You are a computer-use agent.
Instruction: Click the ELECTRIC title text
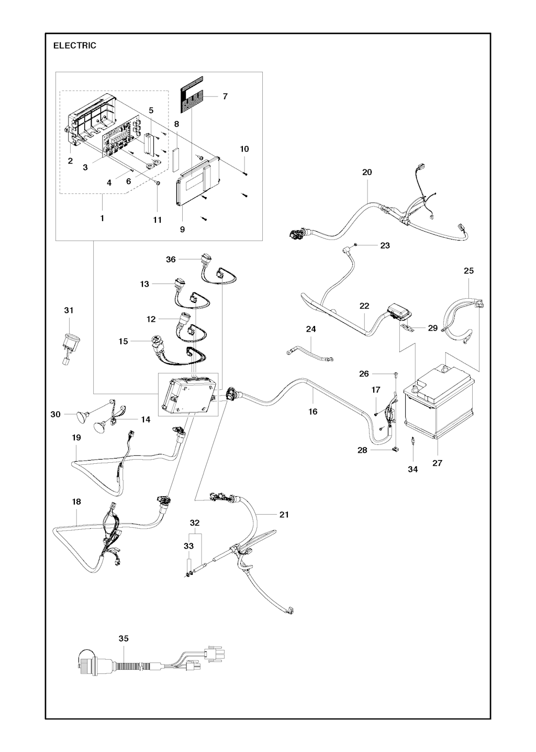click(x=75, y=46)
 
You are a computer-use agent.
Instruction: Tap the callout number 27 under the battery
click(x=437, y=463)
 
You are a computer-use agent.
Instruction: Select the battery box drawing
click(x=439, y=401)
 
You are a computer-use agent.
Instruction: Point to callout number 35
click(x=124, y=648)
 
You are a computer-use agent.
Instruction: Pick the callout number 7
click(x=225, y=96)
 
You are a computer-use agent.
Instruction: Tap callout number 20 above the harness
click(x=367, y=172)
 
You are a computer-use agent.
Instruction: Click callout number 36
click(x=171, y=259)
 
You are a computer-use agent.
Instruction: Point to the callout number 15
click(x=124, y=342)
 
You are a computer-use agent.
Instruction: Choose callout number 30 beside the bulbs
click(x=55, y=415)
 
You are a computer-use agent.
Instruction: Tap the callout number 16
click(x=312, y=411)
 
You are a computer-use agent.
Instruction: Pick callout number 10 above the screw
click(x=244, y=149)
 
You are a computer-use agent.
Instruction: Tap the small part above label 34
click(x=412, y=441)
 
